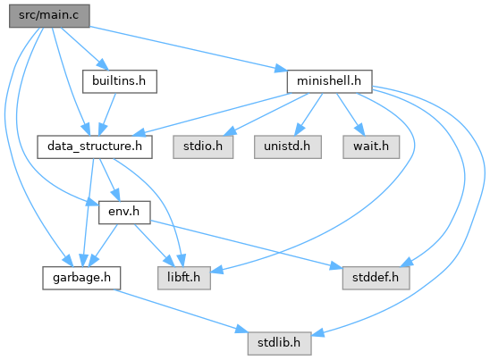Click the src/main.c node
(x=49, y=16)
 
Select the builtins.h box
(x=120, y=81)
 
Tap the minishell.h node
(x=329, y=81)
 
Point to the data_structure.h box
(x=95, y=147)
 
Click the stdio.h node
(x=203, y=147)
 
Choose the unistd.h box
(x=288, y=147)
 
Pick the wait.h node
(x=371, y=147)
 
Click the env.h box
(x=124, y=213)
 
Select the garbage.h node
(x=81, y=278)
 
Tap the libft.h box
(x=184, y=278)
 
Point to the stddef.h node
(x=376, y=278)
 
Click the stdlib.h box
(x=279, y=343)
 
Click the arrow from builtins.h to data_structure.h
(x=108, y=114)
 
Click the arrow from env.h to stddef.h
(x=246, y=245)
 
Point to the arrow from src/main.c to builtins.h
(x=84, y=48)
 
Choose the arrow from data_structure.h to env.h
(x=109, y=180)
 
